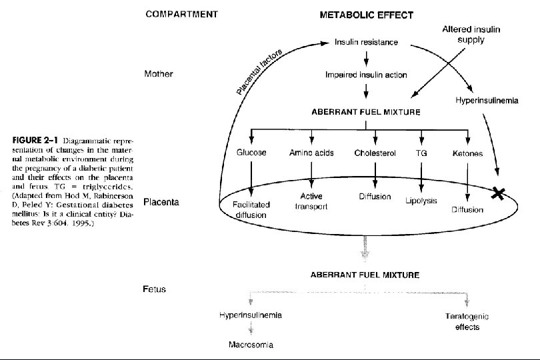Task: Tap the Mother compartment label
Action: (x=159, y=74)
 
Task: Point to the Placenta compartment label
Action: (x=162, y=201)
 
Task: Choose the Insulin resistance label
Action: (x=366, y=43)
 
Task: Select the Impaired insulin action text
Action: (x=366, y=75)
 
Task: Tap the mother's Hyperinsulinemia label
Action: (x=486, y=101)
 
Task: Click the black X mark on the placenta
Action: (x=498, y=193)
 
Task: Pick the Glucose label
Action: (x=251, y=153)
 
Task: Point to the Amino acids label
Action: (x=311, y=153)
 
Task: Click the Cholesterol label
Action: (x=375, y=153)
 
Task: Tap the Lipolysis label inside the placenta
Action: (x=421, y=201)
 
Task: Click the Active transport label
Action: (x=311, y=202)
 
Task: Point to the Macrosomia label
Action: (x=251, y=345)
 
